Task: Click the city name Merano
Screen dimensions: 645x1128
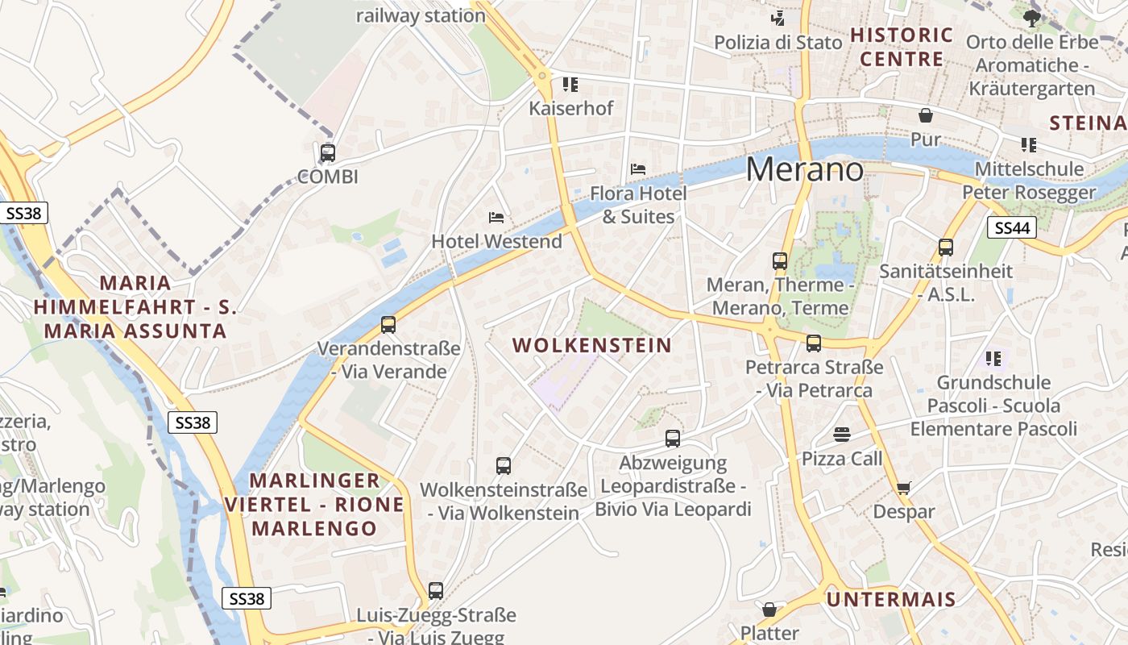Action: [x=804, y=169]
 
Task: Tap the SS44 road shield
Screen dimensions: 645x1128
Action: [x=1012, y=228]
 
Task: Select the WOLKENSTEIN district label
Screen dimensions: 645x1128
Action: [x=592, y=345]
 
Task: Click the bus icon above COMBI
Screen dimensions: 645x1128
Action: [x=328, y=152]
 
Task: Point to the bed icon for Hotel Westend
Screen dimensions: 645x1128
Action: [x=496, y=218]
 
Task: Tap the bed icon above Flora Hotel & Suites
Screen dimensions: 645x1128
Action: [x=638, y=169]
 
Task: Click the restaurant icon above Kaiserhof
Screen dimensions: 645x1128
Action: [x=570, y=84]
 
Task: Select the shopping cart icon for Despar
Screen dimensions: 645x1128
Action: [x=903, y=488]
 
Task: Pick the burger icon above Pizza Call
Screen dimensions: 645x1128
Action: [x=842, y=435]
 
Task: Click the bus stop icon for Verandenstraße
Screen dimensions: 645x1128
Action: [x=388, y=325]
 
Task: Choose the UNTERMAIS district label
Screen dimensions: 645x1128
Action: [x=891, y=599]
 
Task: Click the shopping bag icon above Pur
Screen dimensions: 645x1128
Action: [x=926, y=115]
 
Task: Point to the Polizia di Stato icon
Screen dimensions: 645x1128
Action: [x=778, y=18]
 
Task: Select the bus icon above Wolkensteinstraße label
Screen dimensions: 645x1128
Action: [x=504, y=466]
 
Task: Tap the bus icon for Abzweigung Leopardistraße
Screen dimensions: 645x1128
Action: [x=673, y=439]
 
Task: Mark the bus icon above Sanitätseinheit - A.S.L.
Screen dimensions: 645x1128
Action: [x=946, y=248]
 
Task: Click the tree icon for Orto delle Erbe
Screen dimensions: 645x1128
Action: [x=1031, y=18]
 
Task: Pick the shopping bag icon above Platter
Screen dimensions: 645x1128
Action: [x=769, y=610]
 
